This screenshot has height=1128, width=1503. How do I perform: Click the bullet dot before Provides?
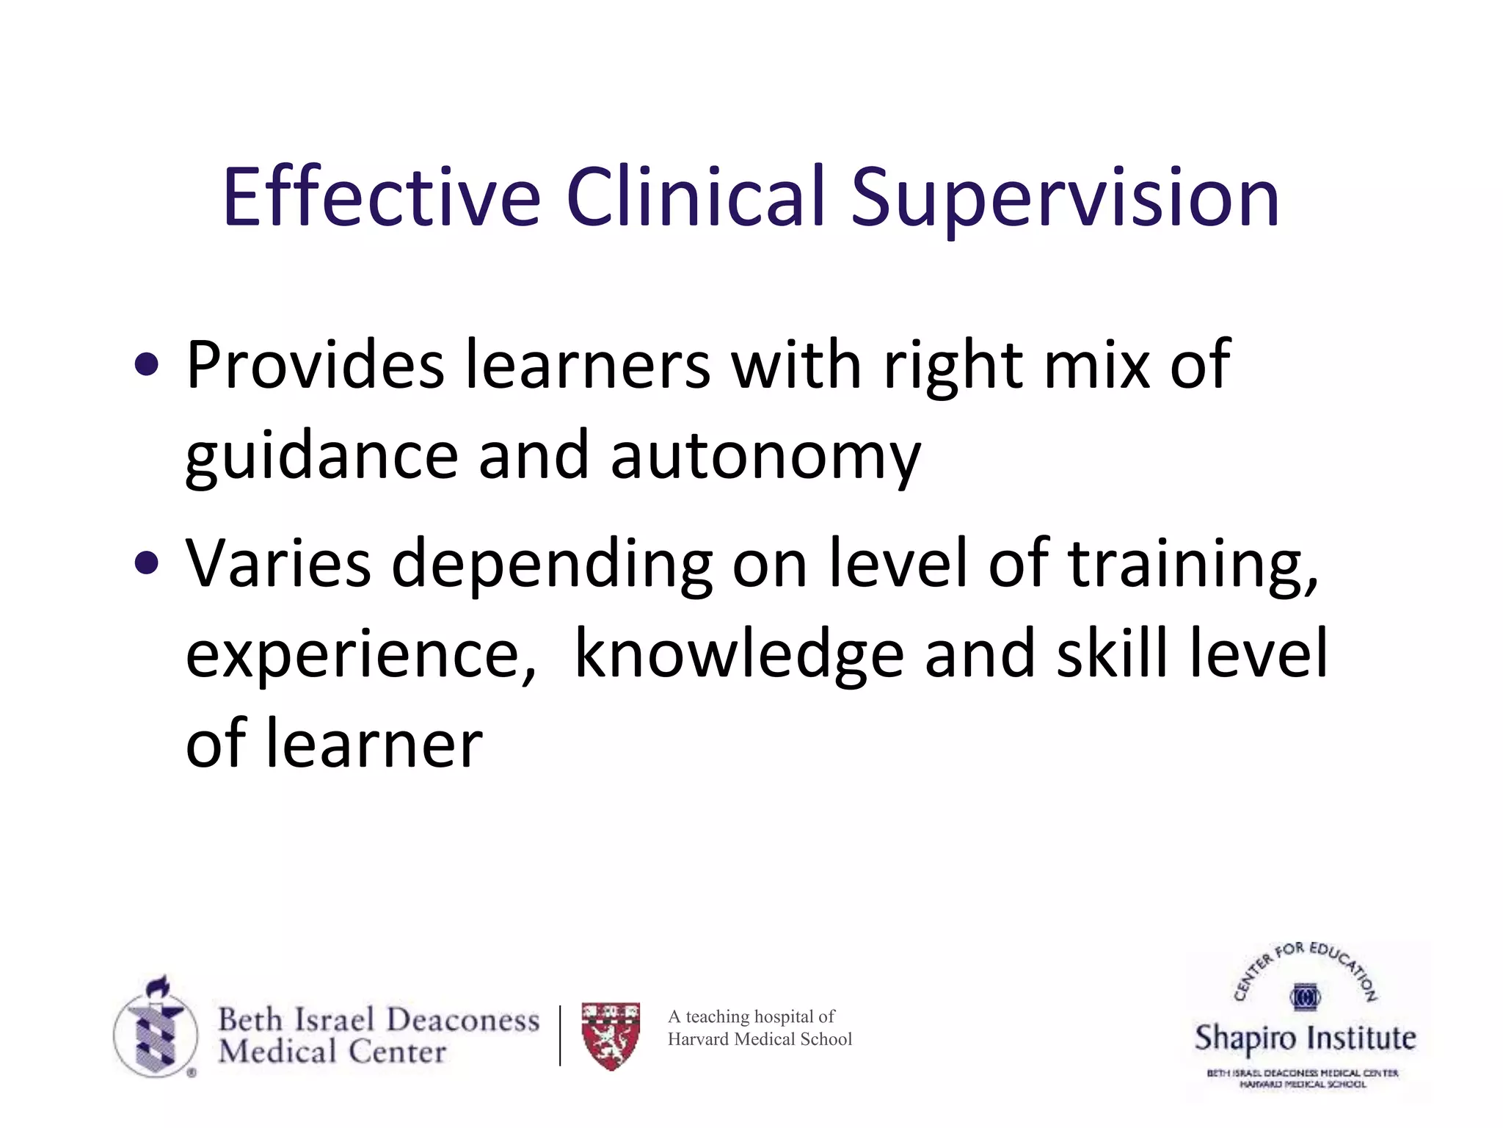click(x=147, y=365)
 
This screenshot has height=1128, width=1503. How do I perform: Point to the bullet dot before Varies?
click(x=147, y=563)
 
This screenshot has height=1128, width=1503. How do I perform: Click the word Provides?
click(x=315, y=365)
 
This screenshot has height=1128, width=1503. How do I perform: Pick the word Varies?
click(x=278, y=563)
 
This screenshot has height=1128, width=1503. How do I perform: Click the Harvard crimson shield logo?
click(x=611, y=1035)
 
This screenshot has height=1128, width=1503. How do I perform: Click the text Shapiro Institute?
click(x=1305, y=1038)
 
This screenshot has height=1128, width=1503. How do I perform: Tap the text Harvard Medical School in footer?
click(x=760, y=1039)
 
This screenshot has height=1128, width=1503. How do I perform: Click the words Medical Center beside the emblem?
click(x=332, y=1052)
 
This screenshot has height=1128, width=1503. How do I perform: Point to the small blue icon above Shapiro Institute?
click(x=1305, y=997)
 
